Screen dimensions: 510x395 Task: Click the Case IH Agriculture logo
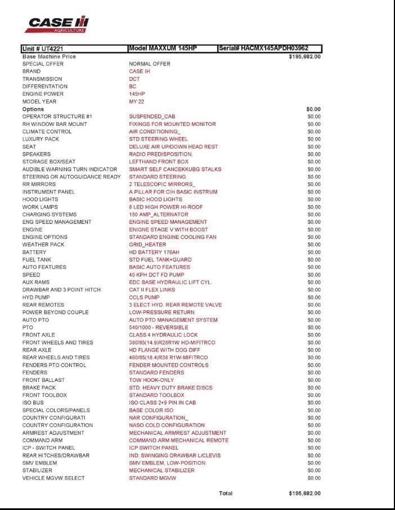[59, 24]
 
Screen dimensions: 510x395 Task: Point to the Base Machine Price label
[49, 56]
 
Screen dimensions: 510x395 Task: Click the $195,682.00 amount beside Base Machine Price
[304, 57]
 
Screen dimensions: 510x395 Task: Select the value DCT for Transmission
[134, 79]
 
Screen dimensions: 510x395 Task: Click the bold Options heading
[33, 109]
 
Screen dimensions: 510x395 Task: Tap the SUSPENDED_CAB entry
[152, 116]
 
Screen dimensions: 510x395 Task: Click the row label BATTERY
[34, 252]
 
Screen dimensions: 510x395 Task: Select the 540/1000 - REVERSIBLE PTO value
[159, 327]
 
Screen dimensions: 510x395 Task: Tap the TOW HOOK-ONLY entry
[152, 380]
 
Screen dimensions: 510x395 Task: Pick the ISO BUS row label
[33, 403]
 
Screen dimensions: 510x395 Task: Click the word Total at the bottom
[226, 493]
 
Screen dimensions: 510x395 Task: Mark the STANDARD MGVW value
[152, 478]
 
